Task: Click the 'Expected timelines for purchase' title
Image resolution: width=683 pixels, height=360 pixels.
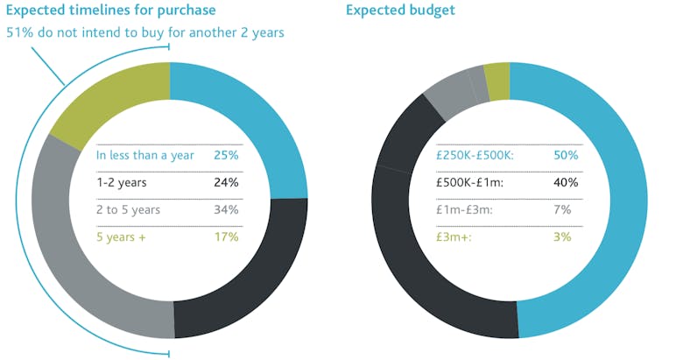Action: (111, 11)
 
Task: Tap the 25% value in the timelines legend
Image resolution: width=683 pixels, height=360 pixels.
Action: (226, 155)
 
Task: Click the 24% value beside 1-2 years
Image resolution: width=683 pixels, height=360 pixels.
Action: (226, 182)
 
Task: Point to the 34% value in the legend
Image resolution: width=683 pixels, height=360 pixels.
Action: (226, 209)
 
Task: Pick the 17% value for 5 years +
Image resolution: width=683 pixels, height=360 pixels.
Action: (226, 236)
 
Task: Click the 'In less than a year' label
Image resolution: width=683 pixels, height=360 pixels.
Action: (146, 155)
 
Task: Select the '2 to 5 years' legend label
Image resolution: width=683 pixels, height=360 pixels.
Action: (130, 209)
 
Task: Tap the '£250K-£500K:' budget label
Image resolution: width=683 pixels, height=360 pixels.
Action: (476, 155)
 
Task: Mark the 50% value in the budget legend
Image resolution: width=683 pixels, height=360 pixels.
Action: (566, 155)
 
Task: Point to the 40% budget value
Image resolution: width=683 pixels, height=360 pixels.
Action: (566, 182)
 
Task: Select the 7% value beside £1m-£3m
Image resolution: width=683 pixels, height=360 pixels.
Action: (562, 209)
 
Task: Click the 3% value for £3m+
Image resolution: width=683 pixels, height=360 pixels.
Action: (562, 236)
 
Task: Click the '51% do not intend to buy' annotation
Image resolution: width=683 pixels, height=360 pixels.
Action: (145, 33)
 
